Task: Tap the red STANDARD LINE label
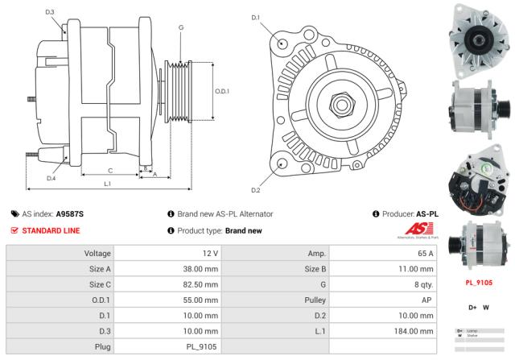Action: point(50,230)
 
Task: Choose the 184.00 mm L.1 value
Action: point(418,330)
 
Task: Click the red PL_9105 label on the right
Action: point(480,283)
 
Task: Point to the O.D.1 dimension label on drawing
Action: point(223,91)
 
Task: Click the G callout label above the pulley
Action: point(181,28)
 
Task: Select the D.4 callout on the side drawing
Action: point(51,178)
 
